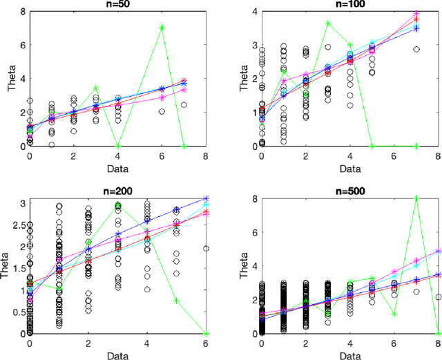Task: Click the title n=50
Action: (117, 4)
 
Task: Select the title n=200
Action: (117, 189)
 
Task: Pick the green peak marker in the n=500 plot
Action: (417, 198)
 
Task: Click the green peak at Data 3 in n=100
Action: (328, 23)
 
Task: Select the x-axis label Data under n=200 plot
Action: (117, 354)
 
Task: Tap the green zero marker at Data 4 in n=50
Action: (118, 146)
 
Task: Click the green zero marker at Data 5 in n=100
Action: (372, 146)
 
